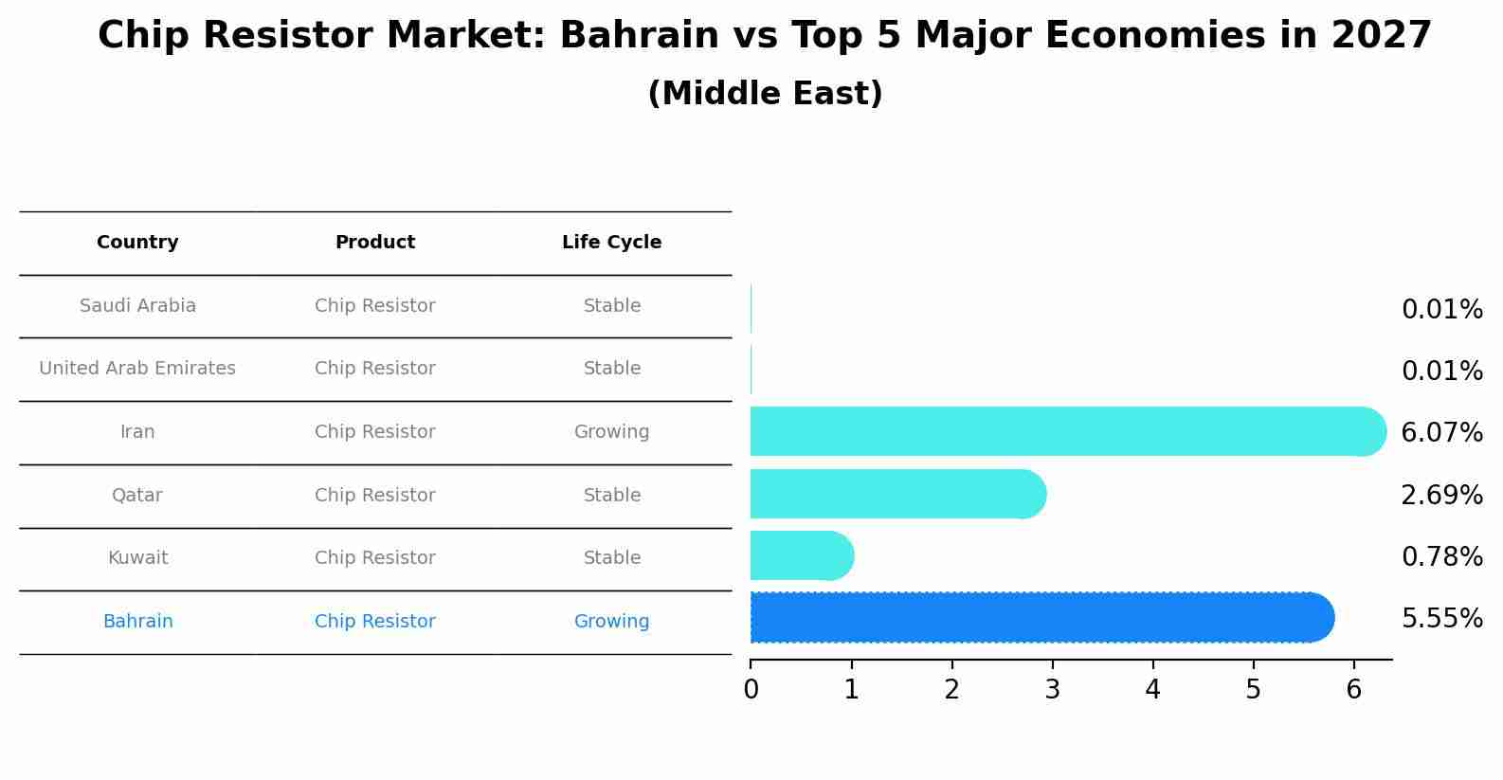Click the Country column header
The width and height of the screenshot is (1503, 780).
137,243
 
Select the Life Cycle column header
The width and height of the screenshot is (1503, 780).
611,243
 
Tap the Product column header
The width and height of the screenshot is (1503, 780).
375,243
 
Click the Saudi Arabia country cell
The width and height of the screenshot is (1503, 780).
137,306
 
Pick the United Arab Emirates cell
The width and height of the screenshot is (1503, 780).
137,369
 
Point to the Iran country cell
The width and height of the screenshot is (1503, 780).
137,432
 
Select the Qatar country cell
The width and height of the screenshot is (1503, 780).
137,496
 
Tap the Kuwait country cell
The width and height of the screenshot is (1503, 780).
137,558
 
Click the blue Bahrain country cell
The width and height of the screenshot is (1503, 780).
137,622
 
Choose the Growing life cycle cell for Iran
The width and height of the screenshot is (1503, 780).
611,432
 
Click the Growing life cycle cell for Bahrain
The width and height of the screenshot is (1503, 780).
611,622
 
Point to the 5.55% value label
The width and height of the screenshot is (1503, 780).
1441,619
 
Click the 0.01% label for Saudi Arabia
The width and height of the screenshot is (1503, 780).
1441,310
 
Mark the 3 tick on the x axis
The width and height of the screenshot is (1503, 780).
1052,690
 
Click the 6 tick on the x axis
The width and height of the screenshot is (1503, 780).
1353,690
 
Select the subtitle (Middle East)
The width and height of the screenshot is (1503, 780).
765,94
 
